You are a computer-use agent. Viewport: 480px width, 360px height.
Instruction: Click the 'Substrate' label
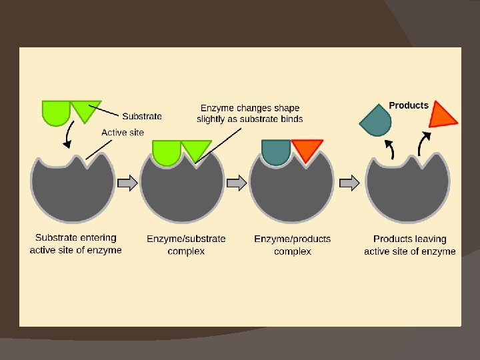point(141,116)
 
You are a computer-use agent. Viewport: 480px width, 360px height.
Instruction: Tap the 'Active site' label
point(122,132)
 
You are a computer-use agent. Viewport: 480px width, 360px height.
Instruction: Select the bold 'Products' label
point(408,105)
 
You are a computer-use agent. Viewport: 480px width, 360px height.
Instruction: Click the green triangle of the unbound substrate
point(84,109)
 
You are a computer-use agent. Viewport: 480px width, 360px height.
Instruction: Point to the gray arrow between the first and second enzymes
point(127,183)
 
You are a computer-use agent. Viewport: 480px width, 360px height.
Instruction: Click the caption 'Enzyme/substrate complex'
point(186,245)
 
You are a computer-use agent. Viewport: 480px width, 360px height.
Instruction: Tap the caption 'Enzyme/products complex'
point(292,245)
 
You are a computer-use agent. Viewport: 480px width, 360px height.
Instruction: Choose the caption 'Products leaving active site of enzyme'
point(409,245)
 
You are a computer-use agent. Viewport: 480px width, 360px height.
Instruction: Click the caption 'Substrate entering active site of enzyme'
point(75,244)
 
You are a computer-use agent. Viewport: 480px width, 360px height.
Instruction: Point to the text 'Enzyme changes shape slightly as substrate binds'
point(249,113)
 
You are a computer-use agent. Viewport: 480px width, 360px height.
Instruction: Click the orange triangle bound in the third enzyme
point(307,149)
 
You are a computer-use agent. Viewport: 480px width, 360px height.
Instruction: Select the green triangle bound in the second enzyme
point(196,149)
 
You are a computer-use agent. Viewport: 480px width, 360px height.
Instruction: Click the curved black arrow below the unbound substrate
point(67,137)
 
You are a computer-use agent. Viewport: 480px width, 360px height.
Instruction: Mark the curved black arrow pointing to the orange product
point(424,142)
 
